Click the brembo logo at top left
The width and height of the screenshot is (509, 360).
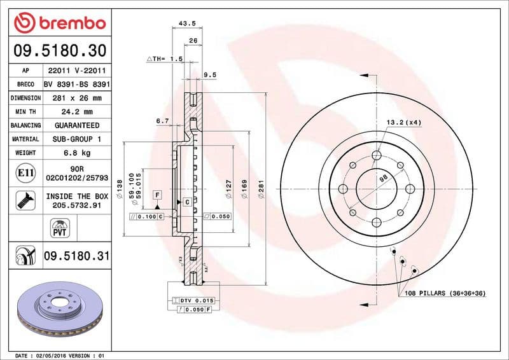(59, 23)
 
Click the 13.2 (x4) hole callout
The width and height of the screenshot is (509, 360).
(403, 121)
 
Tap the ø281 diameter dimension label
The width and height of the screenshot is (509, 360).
(261, 190)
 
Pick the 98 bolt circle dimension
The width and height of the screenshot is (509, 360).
(383, 179)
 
